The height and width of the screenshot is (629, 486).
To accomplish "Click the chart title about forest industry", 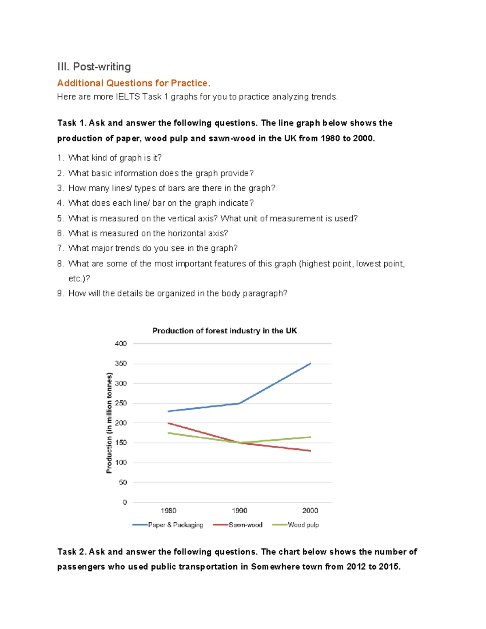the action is pos(225,331).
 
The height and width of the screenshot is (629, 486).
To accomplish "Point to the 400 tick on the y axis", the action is pos(121,343).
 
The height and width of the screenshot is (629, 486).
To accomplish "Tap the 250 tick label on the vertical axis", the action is pos(121,403).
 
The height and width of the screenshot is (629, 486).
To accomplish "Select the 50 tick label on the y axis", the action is pos(123,482).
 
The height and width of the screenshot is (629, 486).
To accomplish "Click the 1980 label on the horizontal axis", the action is pos(168,511).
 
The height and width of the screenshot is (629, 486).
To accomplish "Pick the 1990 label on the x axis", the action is pos(239,511).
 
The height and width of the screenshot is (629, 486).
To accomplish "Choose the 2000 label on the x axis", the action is pos(310,511).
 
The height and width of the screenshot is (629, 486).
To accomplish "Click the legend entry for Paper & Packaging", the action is pos(168,525).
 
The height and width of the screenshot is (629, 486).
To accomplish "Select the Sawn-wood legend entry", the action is pos(238,525).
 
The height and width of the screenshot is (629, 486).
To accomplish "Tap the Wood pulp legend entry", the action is pos(296,525).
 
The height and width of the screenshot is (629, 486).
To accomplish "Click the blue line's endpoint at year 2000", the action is pos(310,364).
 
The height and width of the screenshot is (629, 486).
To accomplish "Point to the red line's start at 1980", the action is pos(168,423).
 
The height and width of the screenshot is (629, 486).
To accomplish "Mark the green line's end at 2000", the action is pos(310,437).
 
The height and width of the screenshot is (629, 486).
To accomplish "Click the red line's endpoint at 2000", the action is pos(310,451).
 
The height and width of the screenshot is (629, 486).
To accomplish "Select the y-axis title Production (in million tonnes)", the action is pos(109,423).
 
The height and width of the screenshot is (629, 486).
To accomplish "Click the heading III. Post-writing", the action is pos(94,67).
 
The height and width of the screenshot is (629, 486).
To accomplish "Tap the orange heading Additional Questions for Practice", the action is pos(134,83).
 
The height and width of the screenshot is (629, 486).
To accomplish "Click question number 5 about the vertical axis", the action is pos(207,219).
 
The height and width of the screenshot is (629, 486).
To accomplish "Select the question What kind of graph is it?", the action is pos(109,158).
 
